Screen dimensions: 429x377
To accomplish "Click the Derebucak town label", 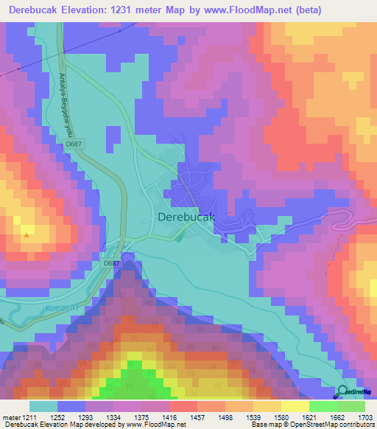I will click(186, 217).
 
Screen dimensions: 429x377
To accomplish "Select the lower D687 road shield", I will click(111, 263).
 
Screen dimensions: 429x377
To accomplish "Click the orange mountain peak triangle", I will click(27, 236).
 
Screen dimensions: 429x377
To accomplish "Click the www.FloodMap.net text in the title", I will click(266, 10).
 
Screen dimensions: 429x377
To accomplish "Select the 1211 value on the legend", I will click(29, 416).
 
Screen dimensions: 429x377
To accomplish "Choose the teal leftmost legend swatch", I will click(43, 406).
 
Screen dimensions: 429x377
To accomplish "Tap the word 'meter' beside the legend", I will click(10, 416).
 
